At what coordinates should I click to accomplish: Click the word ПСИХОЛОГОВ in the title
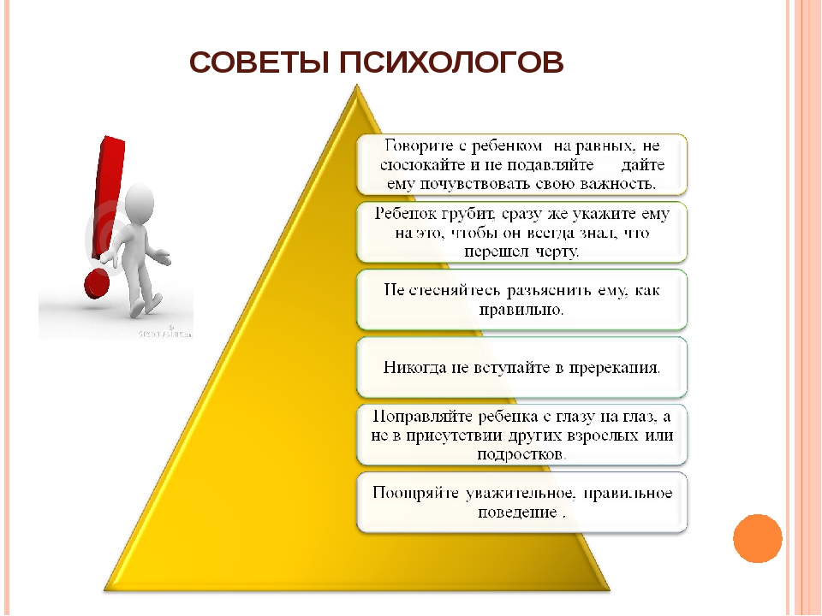coord(451,62)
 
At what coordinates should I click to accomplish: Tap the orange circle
coord(758,538)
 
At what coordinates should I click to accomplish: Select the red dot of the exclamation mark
coord(97,284)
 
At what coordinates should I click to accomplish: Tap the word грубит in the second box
coord(468,215)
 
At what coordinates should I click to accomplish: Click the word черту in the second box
coord(557,252)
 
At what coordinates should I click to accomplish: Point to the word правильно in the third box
coord(521,310)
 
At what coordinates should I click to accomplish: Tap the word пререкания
coord(615,368)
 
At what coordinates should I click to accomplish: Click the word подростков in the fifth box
coord(521,454)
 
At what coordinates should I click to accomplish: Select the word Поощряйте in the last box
coord(416,494)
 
